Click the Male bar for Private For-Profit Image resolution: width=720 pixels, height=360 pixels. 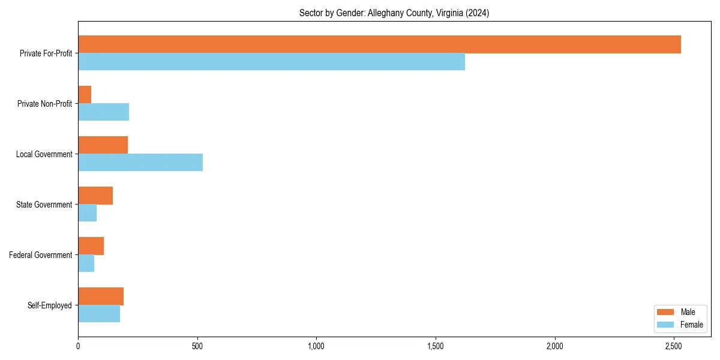pyautogui.click(x=379, y=44)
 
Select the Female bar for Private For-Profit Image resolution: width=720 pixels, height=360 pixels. pyautogui.click(x=271, y=62)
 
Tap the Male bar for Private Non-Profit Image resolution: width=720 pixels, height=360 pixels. pyautogui.click(x=85, y=95)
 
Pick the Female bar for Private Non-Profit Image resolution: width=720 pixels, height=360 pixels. pyautogui.click(x=103, y=112)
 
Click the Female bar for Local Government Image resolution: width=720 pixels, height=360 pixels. pyautogui.click(x=140, y=163)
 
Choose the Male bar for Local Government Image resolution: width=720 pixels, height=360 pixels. pyautogui.click(x=103, y=145)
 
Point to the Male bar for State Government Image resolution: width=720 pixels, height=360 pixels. pyautogui.click(x=95, y=196)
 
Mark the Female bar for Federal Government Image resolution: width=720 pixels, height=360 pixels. pyautogui.click(x=86, y=263)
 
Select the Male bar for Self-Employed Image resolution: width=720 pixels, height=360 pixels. pyautogui.click(x=101, y=296)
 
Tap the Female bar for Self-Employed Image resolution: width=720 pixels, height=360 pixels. pyautogui.click(x=99, y=314)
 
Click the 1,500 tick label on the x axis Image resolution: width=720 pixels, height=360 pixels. pyautogui.click(x=436, y=346)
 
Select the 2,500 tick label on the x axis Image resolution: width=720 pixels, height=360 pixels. pyautogui.click(x=674, y=346)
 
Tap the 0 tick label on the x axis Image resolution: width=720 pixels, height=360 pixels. pyautogui.click(x=78, y=346)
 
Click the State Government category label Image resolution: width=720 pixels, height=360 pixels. pyautogui.click(x=44, y=205)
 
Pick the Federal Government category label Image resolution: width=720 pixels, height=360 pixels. pyautogui.click(x=41, y=255)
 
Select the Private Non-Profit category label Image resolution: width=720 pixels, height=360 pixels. pyautogui.click(x=44, y=104)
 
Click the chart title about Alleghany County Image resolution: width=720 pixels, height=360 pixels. pyautogui.click(x=394, y=13)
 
